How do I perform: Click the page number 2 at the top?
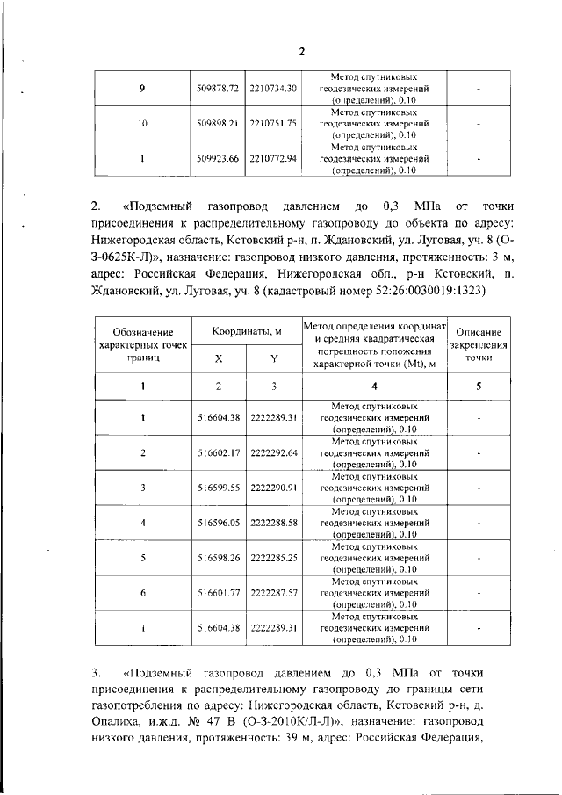click(301, 51)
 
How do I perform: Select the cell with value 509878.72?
click(219, 89)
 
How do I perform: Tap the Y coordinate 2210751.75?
click(273, 124)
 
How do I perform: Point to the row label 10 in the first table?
click(142, 124)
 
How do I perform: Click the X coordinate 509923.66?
click(219, 159)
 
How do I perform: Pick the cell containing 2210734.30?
click(273, 89)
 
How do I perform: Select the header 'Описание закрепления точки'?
click(479, 345)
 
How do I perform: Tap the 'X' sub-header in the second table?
click(219, 359)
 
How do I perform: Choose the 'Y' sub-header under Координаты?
click(273, 359)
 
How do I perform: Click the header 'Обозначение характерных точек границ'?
click(142, 345)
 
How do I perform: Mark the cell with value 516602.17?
click(219, 452)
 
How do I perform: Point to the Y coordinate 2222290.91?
click(273, 488)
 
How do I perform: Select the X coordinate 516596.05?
click(219, 523)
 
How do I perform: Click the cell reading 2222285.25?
click(273, 558)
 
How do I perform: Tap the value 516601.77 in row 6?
click(219, 593)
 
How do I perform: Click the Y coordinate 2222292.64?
click(273, 452)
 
